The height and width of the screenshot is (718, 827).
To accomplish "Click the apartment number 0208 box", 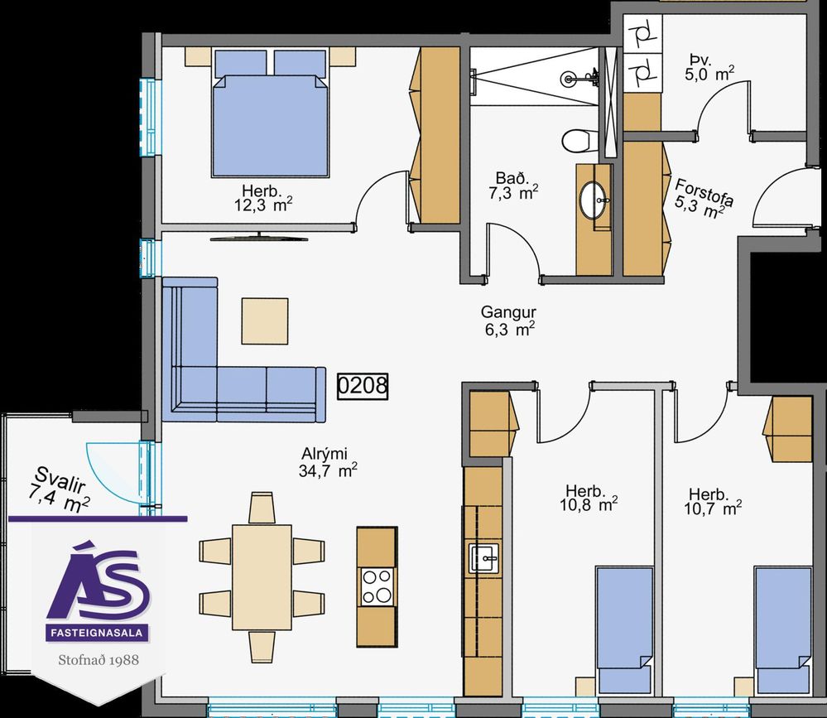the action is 363,386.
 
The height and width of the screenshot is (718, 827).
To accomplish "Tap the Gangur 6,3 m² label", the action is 508,320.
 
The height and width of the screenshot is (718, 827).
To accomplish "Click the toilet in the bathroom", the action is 576,141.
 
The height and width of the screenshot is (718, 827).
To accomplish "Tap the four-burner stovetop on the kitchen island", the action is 377,586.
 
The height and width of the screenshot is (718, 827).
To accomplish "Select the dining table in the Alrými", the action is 262,577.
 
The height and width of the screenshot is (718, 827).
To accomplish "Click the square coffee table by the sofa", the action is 265,320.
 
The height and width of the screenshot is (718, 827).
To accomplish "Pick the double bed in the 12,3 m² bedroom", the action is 270,113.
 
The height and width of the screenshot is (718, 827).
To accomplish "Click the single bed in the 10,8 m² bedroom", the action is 624,631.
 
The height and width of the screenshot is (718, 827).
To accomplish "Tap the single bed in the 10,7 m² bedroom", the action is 782,631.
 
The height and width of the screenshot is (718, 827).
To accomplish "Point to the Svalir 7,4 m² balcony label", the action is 59,490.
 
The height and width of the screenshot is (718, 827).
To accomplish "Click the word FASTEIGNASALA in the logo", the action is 97,633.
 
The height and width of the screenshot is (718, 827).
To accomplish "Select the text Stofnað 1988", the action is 99,660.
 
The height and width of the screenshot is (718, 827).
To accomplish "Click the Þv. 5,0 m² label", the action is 709,66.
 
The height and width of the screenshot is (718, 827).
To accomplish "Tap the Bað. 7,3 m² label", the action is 512,186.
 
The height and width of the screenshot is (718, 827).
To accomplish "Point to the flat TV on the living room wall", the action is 259,237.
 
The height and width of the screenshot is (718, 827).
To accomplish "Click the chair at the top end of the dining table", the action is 262,507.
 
